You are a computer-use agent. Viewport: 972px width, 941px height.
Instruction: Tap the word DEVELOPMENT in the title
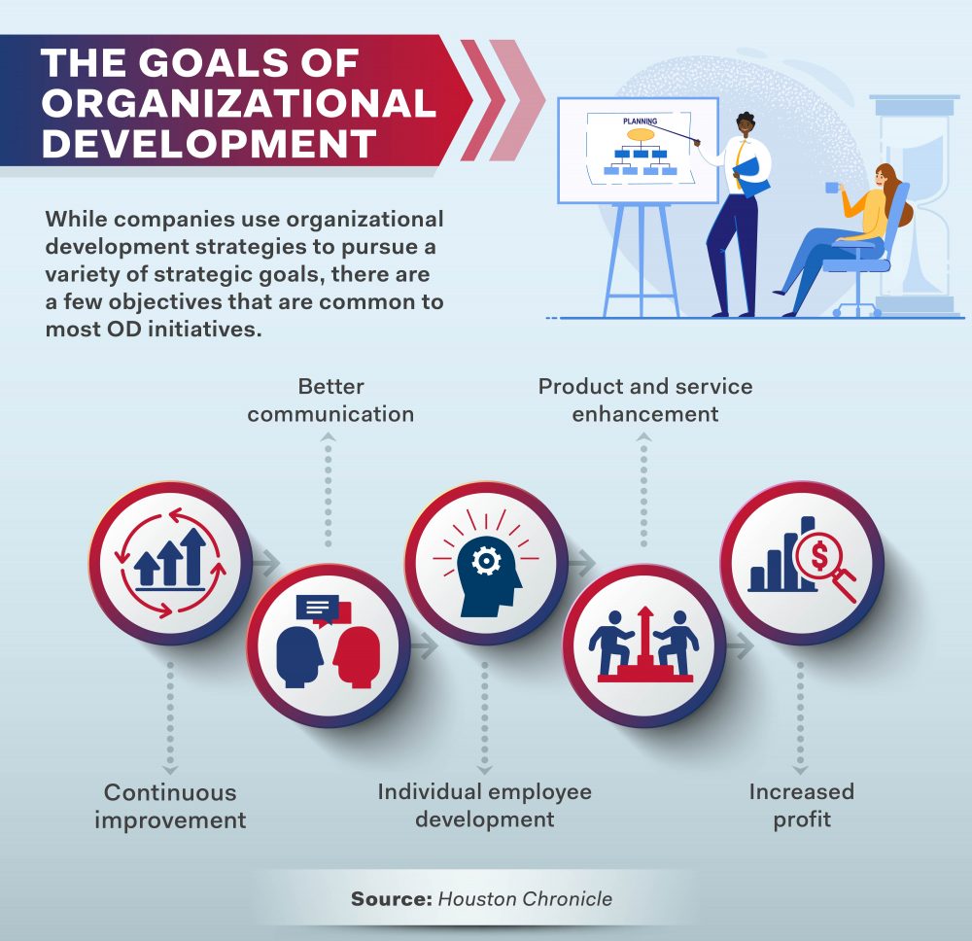point(210,143)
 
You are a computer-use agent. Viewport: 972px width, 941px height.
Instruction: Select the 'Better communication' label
point(330,401)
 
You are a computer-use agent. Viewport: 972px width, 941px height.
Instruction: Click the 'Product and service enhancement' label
point(645,401)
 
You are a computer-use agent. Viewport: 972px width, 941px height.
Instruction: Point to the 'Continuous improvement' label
point(170,806)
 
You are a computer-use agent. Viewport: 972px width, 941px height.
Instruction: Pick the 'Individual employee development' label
point(484,805)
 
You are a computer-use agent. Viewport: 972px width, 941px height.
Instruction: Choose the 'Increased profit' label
point(802,805)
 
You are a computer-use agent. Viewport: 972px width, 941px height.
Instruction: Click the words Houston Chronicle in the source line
point(525,898)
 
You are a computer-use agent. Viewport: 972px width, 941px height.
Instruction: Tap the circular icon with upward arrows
point(170,564)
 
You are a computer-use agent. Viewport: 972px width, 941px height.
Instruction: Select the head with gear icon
point(485,564)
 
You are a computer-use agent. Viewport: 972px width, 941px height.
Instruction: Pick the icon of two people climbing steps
point(644,645)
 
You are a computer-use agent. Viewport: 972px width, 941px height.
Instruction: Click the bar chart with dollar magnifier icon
point(802,564)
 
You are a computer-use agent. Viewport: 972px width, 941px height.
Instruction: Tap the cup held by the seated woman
point(833,187)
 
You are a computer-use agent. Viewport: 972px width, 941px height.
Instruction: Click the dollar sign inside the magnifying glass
point(820,557)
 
